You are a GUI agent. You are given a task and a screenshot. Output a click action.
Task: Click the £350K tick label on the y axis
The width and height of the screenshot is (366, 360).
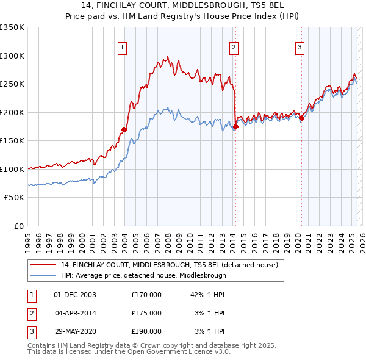pos(12,27)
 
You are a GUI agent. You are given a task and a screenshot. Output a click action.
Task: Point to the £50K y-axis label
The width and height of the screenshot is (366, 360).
pos(14,198)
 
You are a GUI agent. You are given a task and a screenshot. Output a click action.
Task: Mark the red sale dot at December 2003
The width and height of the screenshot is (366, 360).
pos(124,129)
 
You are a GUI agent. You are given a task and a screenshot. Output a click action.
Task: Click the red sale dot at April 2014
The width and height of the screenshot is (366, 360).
pos(235,126)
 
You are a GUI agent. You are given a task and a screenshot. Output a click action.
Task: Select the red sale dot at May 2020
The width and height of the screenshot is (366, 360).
pos(301,118)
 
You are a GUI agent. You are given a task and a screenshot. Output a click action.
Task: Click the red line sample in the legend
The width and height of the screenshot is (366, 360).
pos(43,265)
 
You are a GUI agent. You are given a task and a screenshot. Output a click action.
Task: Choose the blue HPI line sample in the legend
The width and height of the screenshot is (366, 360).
pos(43,275)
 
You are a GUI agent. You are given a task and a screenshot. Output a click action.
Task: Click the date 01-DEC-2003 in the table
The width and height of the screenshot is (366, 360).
pos(75,295)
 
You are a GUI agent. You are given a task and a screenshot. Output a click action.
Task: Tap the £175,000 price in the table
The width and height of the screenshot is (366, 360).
pos(146,313)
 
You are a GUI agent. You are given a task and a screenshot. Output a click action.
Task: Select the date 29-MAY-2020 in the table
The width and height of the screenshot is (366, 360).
pos(75,331)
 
